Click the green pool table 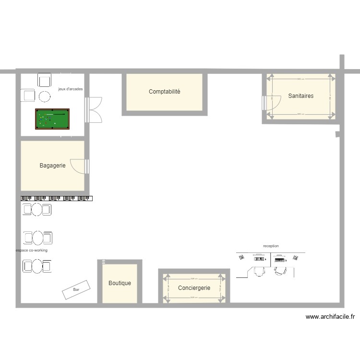tap(52, 119)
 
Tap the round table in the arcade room tap(45, 96)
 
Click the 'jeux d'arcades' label tap(71, 89)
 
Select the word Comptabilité tap(164, 92)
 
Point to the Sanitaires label tap(301, 96)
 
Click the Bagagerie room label tap(52, 166)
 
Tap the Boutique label tap(120, 283)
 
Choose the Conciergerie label tap(194, 288)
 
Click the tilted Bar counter tap(76, 290)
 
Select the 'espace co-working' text tap(32, 250)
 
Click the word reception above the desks tap(271, 246)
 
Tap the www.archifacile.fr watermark tap(330, 317)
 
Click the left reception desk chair tap(259, 271)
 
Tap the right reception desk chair tap(280, 271)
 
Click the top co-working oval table tap(37, 209)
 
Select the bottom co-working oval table tap(37, 266)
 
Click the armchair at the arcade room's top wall tap(45, 80)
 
